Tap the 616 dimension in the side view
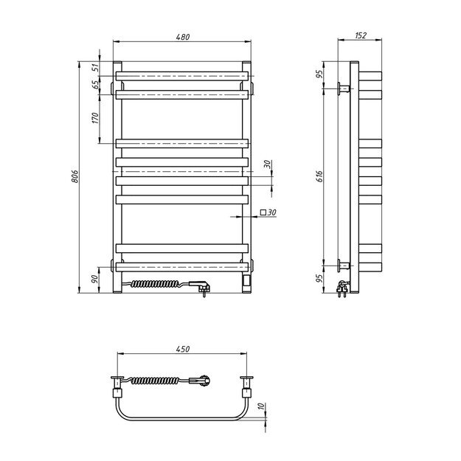319,176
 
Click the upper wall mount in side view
342,89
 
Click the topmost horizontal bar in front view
181,75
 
